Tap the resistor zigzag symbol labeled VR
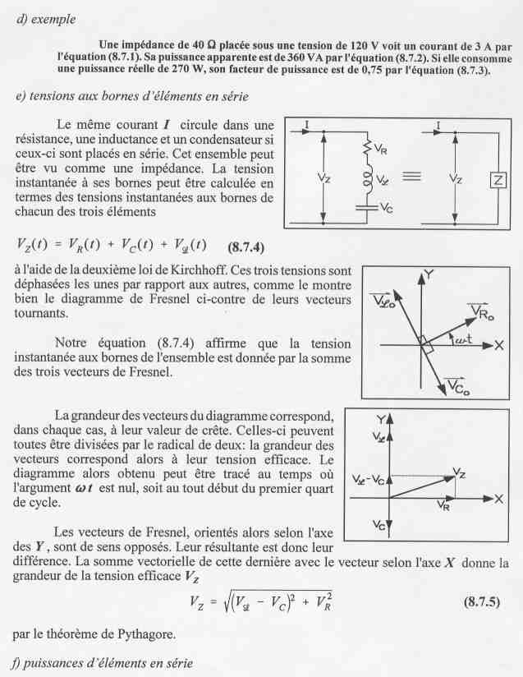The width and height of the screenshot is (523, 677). tap(365, 150)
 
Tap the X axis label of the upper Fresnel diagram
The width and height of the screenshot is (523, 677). tap(498, 344)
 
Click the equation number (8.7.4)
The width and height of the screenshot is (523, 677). tap(246, 246)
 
